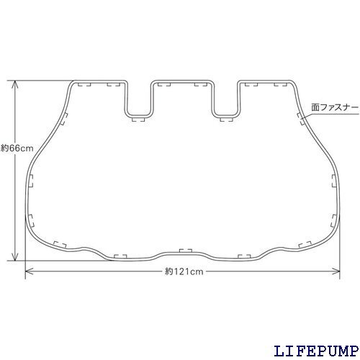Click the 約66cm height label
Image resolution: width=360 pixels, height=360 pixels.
pyautogui.click(x=17, y=148)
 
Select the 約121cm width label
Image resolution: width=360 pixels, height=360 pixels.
pyautogui.click(x=184, y=271)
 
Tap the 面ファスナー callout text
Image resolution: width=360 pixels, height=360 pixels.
pyautogui.click(x=335, y=107)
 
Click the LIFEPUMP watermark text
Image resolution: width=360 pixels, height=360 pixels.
pyautogui.click(x=316, y=351)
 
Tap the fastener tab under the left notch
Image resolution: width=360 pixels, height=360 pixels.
pyautogui.click(x=139, y=119)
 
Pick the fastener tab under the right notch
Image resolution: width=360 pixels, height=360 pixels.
pyautogui.click(x=226, y=119)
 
